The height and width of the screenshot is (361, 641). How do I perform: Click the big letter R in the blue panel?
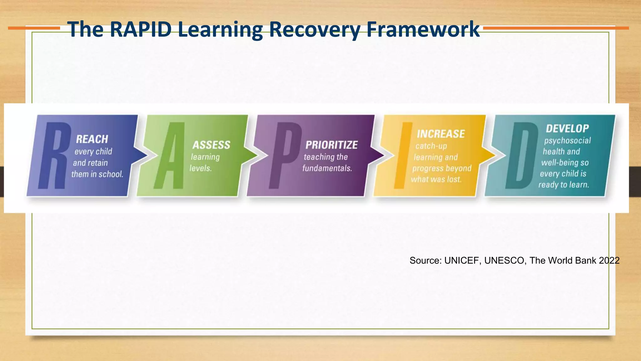(53, 156)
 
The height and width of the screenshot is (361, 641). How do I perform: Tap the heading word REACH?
(92, 139)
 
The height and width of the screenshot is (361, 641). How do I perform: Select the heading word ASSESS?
(211, 145)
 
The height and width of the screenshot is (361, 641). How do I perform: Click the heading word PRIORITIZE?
(331, 145)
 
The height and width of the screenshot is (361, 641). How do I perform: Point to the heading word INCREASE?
(440, 134)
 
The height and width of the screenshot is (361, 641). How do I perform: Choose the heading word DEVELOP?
(567, 128)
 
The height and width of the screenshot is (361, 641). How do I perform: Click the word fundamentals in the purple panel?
(327, 168)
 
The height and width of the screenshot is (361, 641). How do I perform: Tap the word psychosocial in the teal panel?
(567, 141)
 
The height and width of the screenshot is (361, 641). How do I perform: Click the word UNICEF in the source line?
(462, 260)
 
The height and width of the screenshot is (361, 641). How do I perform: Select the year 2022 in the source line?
(609, 260)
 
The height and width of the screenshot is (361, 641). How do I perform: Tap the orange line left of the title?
(34, 28)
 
